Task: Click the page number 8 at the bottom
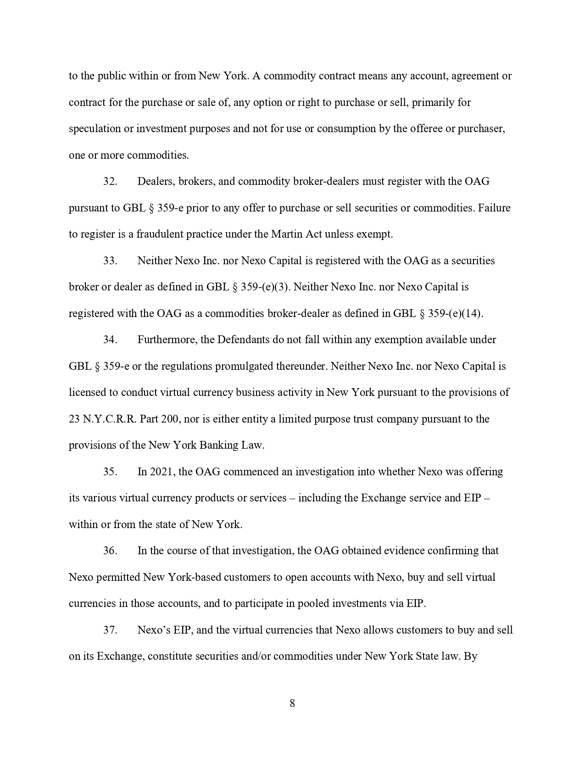pyautogui.click(x=292, y=703)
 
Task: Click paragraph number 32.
pyautogui.click(x=110, y=181)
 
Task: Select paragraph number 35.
pyautogui.click(x=110, y=472)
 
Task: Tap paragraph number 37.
pyautogui.click(x=110, y=630)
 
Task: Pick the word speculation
pyautogui.click(x=95, y=128)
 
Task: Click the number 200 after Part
pyautogui.click(x=170, y=419)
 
